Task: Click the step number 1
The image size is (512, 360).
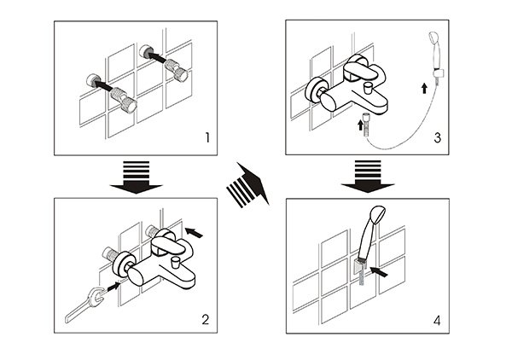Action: coord(207,137)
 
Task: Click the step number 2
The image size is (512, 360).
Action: coord(206,320)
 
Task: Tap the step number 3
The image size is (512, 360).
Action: coord(437,137)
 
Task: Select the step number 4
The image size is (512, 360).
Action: coord(437,321)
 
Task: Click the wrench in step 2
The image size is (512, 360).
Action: coord(84,305)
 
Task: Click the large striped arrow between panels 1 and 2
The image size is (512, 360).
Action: coord(136,177)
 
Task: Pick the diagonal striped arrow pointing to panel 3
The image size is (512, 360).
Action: coord(248,185)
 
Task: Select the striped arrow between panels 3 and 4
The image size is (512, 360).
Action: coord(368,177)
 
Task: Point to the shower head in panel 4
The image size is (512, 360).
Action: coord(371,232)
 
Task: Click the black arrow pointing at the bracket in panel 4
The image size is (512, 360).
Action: coord(379,271)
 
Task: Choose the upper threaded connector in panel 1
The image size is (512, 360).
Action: coord(176,70)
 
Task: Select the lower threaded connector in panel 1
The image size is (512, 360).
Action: coord(124,100)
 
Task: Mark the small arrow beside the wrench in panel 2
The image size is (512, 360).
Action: coord(113,287)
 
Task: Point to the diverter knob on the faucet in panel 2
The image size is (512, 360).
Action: coord(176,261)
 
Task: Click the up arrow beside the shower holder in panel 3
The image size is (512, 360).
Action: coord(424,88)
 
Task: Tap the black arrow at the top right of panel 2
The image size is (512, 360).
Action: coord(194,233)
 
